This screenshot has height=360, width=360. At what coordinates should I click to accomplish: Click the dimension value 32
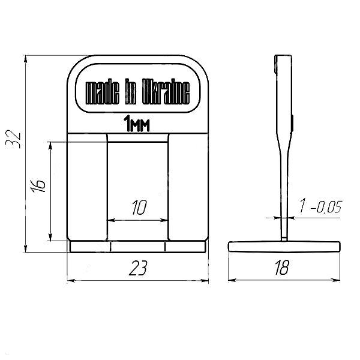(x=13, y=139)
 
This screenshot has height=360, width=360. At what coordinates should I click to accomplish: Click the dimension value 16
(x=38, y=185)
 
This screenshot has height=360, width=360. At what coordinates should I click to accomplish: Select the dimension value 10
(x=139, y=208)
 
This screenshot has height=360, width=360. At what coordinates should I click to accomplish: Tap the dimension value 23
(x=138, y=268)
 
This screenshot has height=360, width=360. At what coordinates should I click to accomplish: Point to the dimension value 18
(x=282, y=268)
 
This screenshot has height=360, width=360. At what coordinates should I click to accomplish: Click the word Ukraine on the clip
(x=166, y=92)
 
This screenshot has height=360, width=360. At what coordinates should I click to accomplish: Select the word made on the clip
(x=103, y=92)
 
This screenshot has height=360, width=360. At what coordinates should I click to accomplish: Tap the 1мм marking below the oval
(x=137, y=124)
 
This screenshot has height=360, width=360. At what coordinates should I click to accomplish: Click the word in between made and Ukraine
(x=131, y=92)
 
